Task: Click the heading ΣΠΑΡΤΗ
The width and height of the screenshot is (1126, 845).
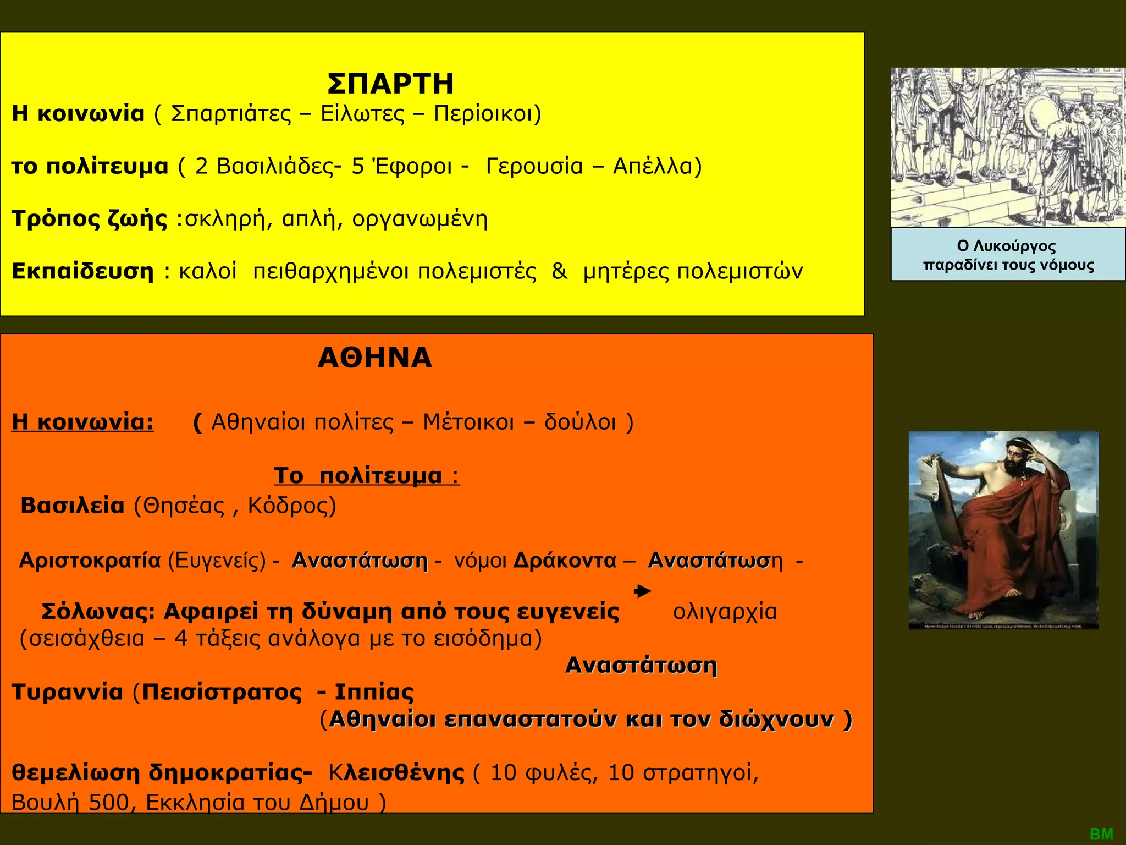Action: click(x=390, y=84)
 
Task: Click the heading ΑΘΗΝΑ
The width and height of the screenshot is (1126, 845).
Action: click(x=375, y=358)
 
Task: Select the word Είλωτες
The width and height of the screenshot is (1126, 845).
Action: click(x=361, y=114)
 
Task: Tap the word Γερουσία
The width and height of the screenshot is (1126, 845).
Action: click(x=534, y=166)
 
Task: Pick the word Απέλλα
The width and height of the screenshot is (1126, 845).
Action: click(x=657, y=166)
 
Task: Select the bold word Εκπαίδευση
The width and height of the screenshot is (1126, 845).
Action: click(x=82, y=272)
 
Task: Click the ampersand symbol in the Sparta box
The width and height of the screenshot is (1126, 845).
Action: click(x=559, y=272)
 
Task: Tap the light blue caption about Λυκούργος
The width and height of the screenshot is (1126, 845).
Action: click(x=1008, y=255)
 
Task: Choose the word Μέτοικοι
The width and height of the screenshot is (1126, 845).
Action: click(x=468, y=422)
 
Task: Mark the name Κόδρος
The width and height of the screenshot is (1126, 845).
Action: click(x=291, y=506)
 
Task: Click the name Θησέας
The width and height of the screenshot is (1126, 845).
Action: click(x=184, y=506)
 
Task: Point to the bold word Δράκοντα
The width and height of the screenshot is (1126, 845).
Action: click(x=565, y=561)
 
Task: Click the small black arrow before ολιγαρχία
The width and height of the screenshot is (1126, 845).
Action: click(x=642, y=592)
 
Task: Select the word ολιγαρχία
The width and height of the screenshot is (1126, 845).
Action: click(x=725, y=612)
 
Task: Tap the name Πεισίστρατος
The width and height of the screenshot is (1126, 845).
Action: click(x=222, y=692)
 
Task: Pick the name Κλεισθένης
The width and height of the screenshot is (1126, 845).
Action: click(x=396, y=773)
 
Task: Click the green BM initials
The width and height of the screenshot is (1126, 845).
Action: click(x=1101, y=834)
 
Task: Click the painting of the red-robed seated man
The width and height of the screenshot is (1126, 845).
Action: click(x=1003, y=530)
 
